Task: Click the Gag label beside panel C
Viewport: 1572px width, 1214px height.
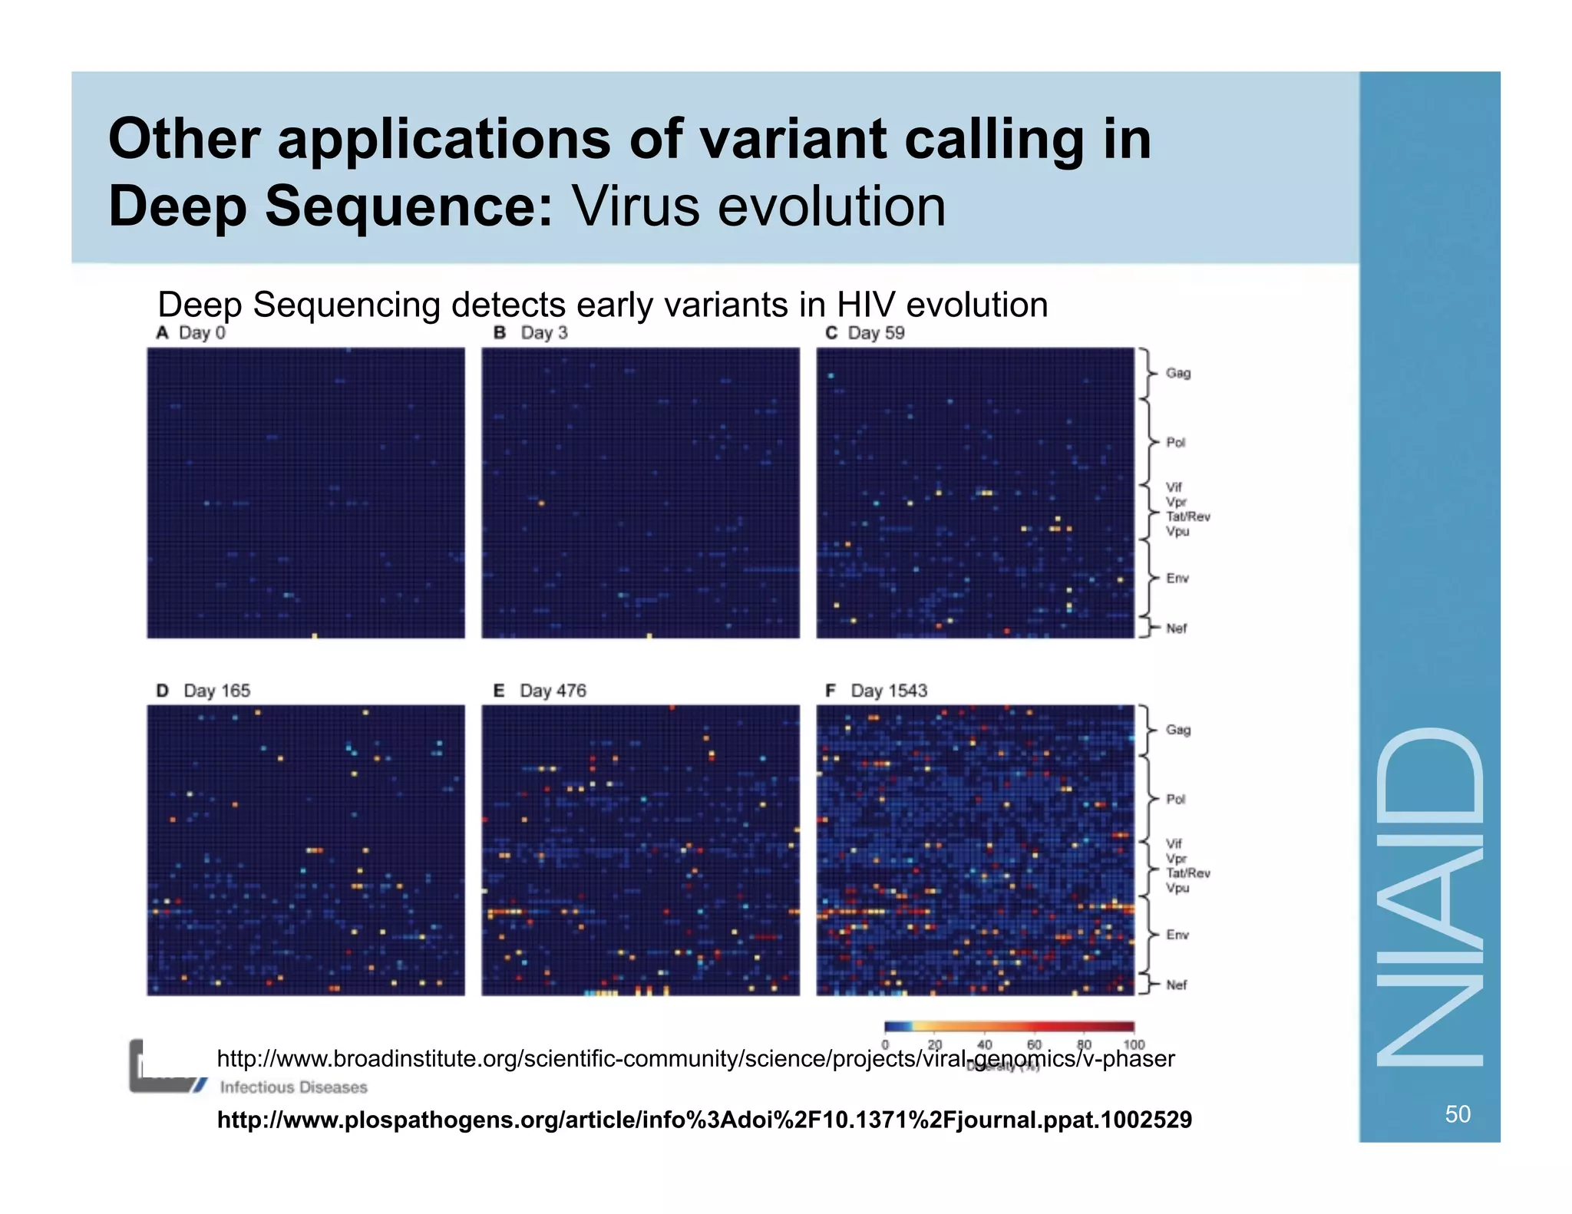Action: [x=1177, y=373]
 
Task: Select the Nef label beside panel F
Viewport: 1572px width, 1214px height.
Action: [x=1176, y=985]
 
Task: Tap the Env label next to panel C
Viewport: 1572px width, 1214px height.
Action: [x=1177, y=578]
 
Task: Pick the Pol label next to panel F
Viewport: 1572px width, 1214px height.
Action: [x=1175, y=799]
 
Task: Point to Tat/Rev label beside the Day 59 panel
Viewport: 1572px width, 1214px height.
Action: [x=1187, y=516]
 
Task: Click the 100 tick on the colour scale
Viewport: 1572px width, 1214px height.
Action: [x=1133, y=1044]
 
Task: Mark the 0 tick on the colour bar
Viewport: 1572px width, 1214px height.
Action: [x=885, y=1044]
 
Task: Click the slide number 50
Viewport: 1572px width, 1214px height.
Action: [x=1457, y=1113]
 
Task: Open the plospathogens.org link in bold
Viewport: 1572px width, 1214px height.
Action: [x=704, y=1120]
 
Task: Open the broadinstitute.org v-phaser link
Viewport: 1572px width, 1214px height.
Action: [x=695, y=1059]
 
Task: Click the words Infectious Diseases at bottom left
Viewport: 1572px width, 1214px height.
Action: [x=293, y=1087]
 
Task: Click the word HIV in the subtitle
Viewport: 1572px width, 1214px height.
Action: [x=865, y=305]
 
